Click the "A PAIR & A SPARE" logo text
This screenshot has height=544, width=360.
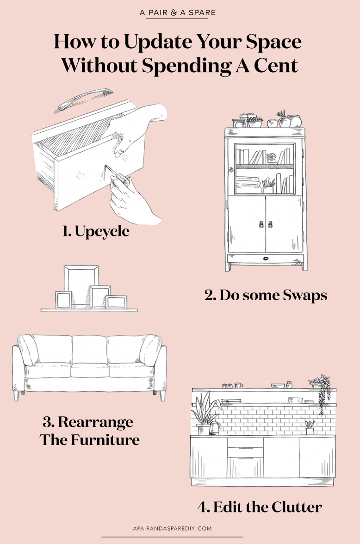pos(177,13)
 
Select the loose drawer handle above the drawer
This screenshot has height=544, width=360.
pos(86,99)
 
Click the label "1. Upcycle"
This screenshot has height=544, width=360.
pos(96,231)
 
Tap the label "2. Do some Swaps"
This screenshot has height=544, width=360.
pos(266,295)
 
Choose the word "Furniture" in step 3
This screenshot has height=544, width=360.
pos(105,440)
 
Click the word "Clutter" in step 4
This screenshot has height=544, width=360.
pos(297,507)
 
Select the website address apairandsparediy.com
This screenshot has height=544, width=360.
pos(172,528)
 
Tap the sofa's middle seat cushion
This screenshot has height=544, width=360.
pos(90,370)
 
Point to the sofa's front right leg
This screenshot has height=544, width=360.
pos(162,396)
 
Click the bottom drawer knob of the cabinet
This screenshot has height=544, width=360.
pos(266,258)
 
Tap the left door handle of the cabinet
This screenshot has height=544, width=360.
pos(261,224)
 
